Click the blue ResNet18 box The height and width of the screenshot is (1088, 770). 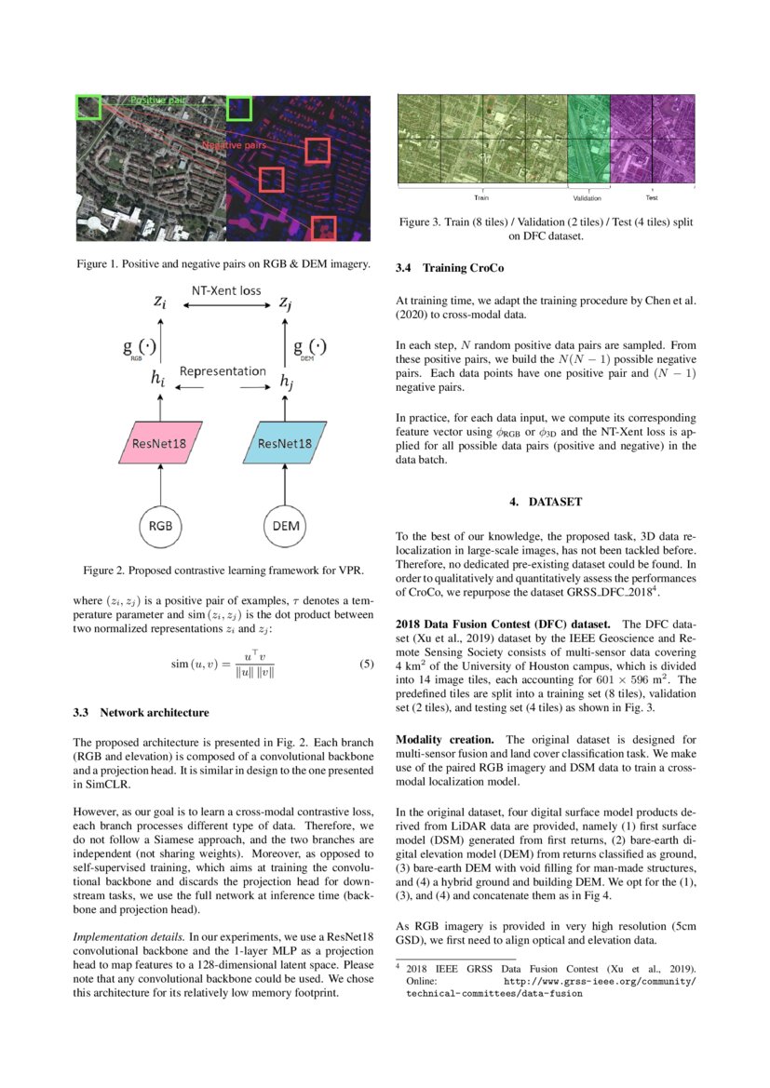(x=281, y=444)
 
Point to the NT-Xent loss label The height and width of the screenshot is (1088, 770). (x=226, y=290)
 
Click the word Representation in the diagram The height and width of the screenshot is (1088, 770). (x=223, y=370)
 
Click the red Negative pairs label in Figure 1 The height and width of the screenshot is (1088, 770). (x=235, y=146)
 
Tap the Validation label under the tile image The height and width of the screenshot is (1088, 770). (x=587, y=198)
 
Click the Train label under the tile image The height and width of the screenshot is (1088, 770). (x=482, y=198)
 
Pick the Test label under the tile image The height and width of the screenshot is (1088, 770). (x=653, y=197)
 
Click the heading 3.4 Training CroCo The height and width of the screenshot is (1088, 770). (x=450, y=268)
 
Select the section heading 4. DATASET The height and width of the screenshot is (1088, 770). (x=545, y=502)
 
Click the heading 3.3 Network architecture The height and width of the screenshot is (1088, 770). (x=140, y=713)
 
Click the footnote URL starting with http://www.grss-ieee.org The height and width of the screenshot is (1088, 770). (x=599, y=981)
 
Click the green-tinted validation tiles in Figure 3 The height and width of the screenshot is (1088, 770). (x=588, y=140)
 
